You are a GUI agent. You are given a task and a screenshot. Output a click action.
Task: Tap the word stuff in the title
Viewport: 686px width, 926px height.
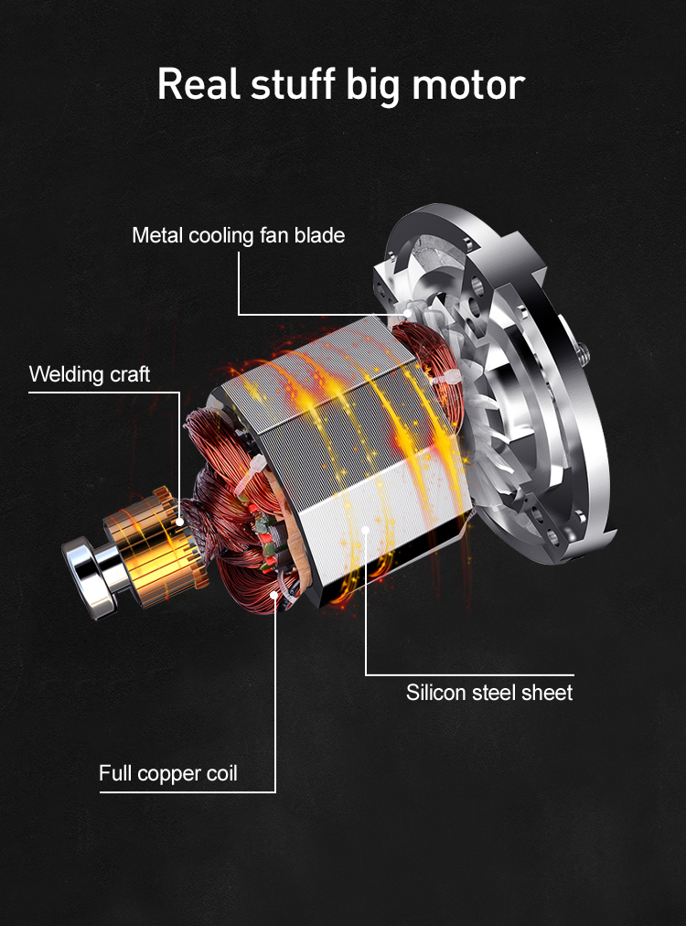click(293, 83)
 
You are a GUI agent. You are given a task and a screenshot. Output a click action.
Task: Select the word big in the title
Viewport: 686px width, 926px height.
click(376, 85)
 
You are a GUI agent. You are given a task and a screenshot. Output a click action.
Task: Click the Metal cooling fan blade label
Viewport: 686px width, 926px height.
click(238, 235)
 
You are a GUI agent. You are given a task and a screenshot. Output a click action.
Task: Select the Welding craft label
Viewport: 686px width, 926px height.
click(90, 374)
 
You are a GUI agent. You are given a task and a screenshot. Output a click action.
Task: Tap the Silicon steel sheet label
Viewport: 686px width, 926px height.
click(489, 692)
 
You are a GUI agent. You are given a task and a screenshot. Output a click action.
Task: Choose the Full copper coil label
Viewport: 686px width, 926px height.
click(167, 773)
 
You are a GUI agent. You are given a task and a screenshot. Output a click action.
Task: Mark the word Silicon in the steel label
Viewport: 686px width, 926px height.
click(435, 692)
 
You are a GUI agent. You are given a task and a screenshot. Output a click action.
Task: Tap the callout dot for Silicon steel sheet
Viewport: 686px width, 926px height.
click(366, 528)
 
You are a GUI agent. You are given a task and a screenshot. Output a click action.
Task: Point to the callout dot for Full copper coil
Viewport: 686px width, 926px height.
click(274, 597)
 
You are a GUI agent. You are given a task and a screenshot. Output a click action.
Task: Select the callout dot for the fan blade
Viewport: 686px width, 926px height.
click(408, 316)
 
